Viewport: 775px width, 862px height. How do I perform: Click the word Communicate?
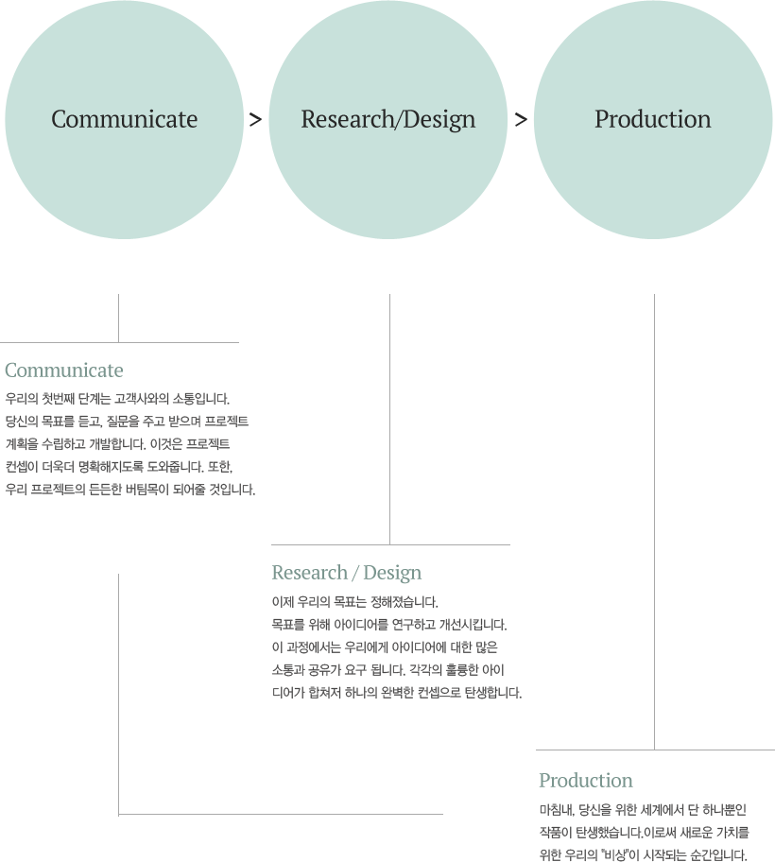tap(124, 120)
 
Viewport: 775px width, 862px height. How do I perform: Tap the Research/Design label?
tap(387, 120)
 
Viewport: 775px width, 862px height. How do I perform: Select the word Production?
tap(652, 120)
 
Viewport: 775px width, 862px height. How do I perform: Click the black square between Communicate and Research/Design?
tap(255, 120)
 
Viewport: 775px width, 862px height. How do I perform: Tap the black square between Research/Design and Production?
tap(520, 120)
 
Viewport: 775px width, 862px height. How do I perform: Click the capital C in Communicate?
tap(59, 120)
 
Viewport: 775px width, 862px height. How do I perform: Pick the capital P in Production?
tap(601, 120)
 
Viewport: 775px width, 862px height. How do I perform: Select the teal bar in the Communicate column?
tap(63, 370)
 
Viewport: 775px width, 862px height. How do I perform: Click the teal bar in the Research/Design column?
tap(347, 573)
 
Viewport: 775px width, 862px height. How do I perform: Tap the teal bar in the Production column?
tap(585, 780)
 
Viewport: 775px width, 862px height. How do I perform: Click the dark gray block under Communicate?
tap(129, 443)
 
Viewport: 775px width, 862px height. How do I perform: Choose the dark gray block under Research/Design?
tap(395, 646)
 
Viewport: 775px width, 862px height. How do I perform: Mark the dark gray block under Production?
tap(645, 832)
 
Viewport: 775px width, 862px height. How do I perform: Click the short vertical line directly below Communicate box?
tap(118, 317)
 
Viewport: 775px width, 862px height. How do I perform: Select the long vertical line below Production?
tap(654, 520)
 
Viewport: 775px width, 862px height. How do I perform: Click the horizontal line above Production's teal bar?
tap(655, 750)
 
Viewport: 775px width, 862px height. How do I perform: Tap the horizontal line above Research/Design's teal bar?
tap(390, 544)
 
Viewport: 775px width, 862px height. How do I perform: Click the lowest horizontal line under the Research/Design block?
tap(281, 814)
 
